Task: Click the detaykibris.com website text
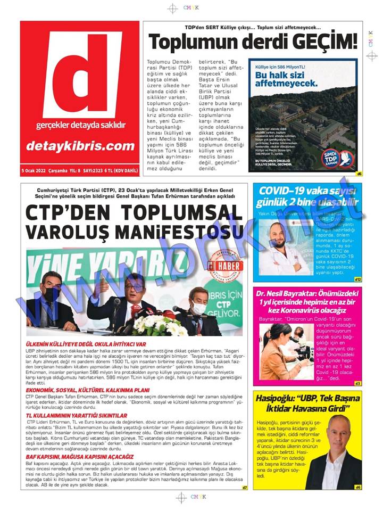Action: point(80,146)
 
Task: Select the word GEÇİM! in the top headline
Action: point(323,42)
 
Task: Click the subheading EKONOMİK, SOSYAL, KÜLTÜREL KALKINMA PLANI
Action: point(82,390)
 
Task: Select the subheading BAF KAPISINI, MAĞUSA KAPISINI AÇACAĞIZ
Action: point(80,456)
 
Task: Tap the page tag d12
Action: point(357,279)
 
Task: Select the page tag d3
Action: point(357,383)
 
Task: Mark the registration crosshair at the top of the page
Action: point(172,9)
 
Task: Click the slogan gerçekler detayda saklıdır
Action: point(80,126)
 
